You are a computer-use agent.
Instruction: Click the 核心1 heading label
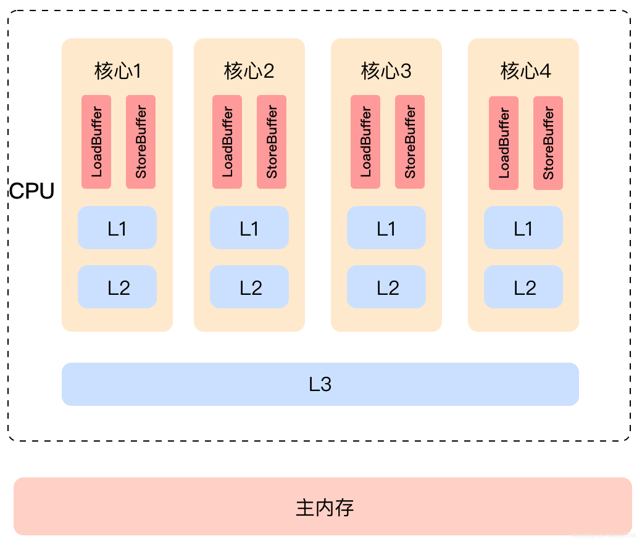(117, 72)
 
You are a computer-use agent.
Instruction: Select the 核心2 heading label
(249, 72)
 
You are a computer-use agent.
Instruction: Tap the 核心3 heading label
(386, 72)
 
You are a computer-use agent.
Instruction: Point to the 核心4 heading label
(525, 72)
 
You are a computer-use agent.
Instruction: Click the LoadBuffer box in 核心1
(96, 142)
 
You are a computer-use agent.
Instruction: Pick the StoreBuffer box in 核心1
(141, 142)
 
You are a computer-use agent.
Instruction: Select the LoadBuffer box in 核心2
(227, 142)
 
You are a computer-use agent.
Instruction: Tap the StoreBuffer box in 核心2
(272, 142)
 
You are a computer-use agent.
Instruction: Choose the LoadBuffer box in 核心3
(365, 142)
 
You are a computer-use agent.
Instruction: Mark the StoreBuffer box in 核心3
(410, 142)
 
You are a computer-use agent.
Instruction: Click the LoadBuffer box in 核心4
(504, 143)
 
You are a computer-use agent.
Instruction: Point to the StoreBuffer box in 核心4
(548, 143)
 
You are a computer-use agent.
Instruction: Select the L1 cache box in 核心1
(117, 228)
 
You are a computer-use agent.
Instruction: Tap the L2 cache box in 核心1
(117, 287)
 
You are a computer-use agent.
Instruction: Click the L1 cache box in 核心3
(386, 228)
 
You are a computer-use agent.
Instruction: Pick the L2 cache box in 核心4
(523, 287)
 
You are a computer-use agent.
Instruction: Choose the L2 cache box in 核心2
(249, 287)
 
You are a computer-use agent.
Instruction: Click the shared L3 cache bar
(320, 384)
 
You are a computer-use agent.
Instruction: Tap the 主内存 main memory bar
(323, 506)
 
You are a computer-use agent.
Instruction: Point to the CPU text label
(31, 191)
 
